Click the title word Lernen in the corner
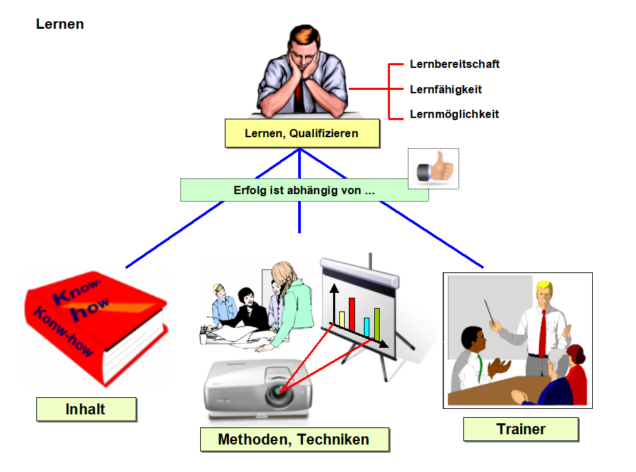(x=60, y=24)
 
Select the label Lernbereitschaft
(x=454, y=64)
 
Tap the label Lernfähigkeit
(x=445, y=89)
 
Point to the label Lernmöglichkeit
(x=454, y=114)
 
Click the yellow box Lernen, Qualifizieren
(x=302, y=133)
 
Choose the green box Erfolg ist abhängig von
(x=304, y=190)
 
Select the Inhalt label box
(x=86, y=409)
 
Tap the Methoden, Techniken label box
(x=295, y=439)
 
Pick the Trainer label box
(x=521, y=429)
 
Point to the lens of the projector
(x=279, y=391)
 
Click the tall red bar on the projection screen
(x=352, y=314)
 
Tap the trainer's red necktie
(x=542, y=334)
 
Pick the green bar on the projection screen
(x=376, y=324)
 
